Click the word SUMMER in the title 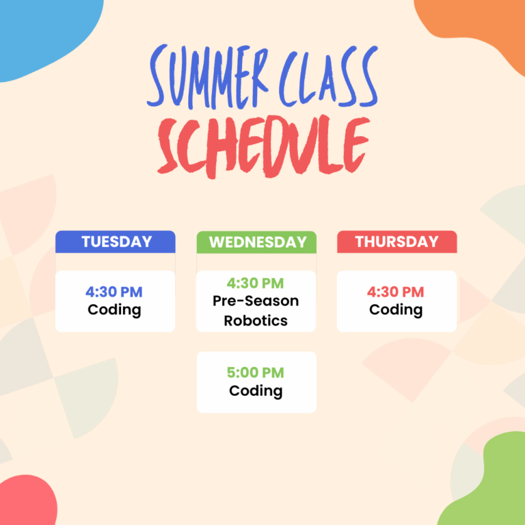point(208,77)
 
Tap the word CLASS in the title point(328,77)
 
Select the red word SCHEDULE point(264,148)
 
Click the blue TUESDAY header point(116,242)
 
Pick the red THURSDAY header point(396,242)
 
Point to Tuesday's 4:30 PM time point(114,292)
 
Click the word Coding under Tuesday point(114,310)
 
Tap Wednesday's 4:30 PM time point(255,283)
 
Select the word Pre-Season point(256,301)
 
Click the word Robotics point(256,321)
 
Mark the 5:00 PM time point(256,373)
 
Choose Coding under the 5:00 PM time point(256,391)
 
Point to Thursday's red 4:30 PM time point(395,292)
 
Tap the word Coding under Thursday point(396,310)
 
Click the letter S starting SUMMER point(157,75)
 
